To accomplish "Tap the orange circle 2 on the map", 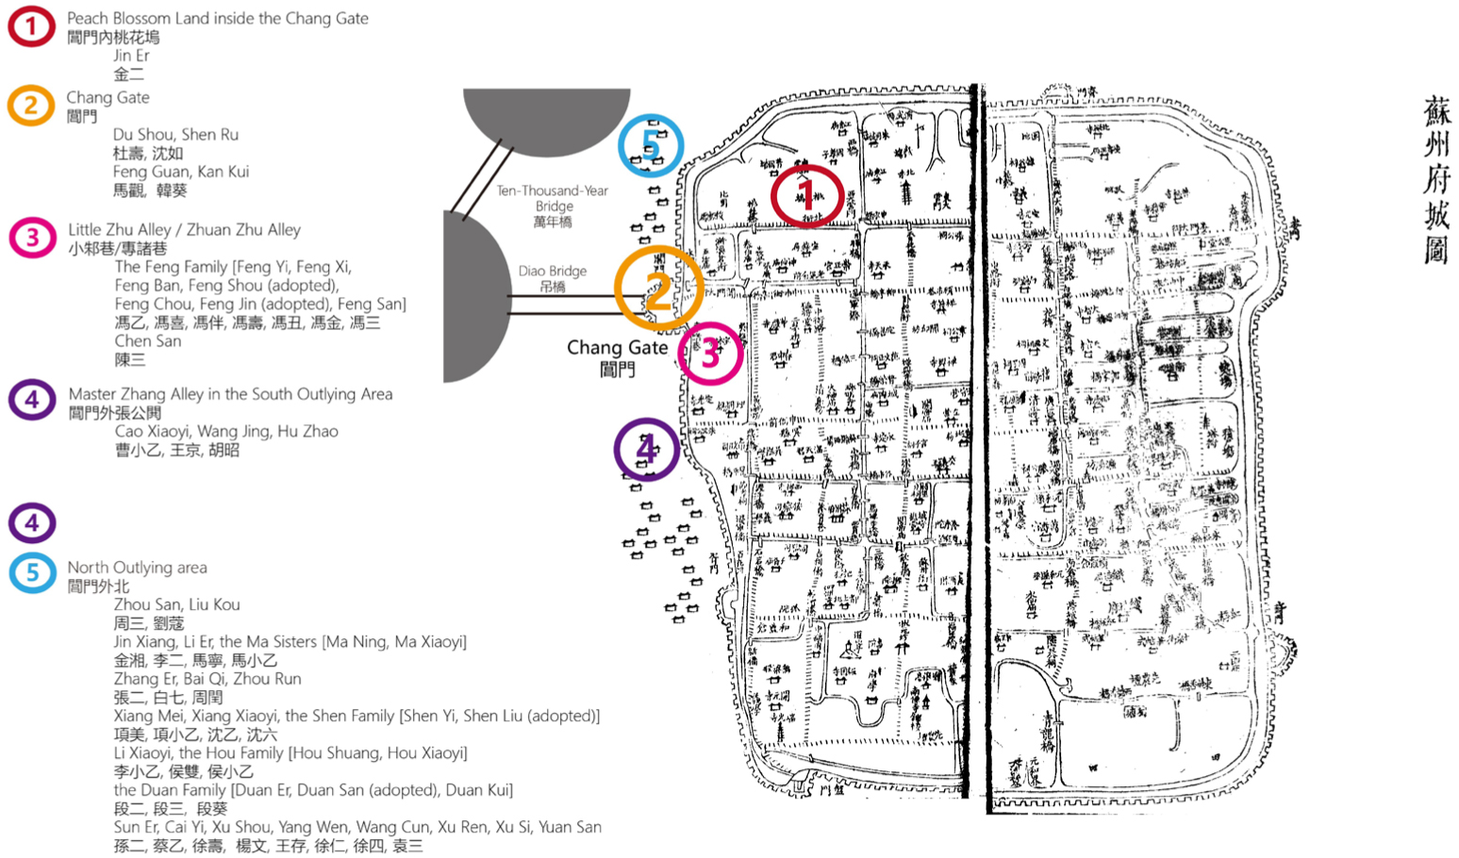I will pyautogui.click(x=658, y=289).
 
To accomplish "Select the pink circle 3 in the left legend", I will pyautogui.click(x=32, y=238).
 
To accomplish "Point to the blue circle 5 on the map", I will pyautogui.click(x=651, y=145).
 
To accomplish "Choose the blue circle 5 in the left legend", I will pyautogui.click(x=32, y=572).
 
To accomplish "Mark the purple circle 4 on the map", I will pyautogui.click(x=646, y=450).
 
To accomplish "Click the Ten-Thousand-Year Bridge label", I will pyautogui.click(x=553, y=198).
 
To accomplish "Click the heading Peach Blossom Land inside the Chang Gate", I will pyautogui.click(x=217, y=18).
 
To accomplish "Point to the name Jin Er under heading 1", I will pyautogui.click(x=131, y=56).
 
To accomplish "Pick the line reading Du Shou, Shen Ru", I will pyautogui.click(x=175, y=135).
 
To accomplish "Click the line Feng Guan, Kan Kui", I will pyautogui.click(x=181, y=172).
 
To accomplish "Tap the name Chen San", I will pyautogui.click(x=148, y=341).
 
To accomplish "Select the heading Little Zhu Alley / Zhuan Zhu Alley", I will pyautogui.click(x=184, y=230).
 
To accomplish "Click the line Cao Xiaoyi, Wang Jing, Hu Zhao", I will pyautogui.click(x=226, y=432).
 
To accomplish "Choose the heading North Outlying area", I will pyautogui.click(x=137, y=568).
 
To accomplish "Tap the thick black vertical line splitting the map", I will pyautogui.click(x=977, y=443).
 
